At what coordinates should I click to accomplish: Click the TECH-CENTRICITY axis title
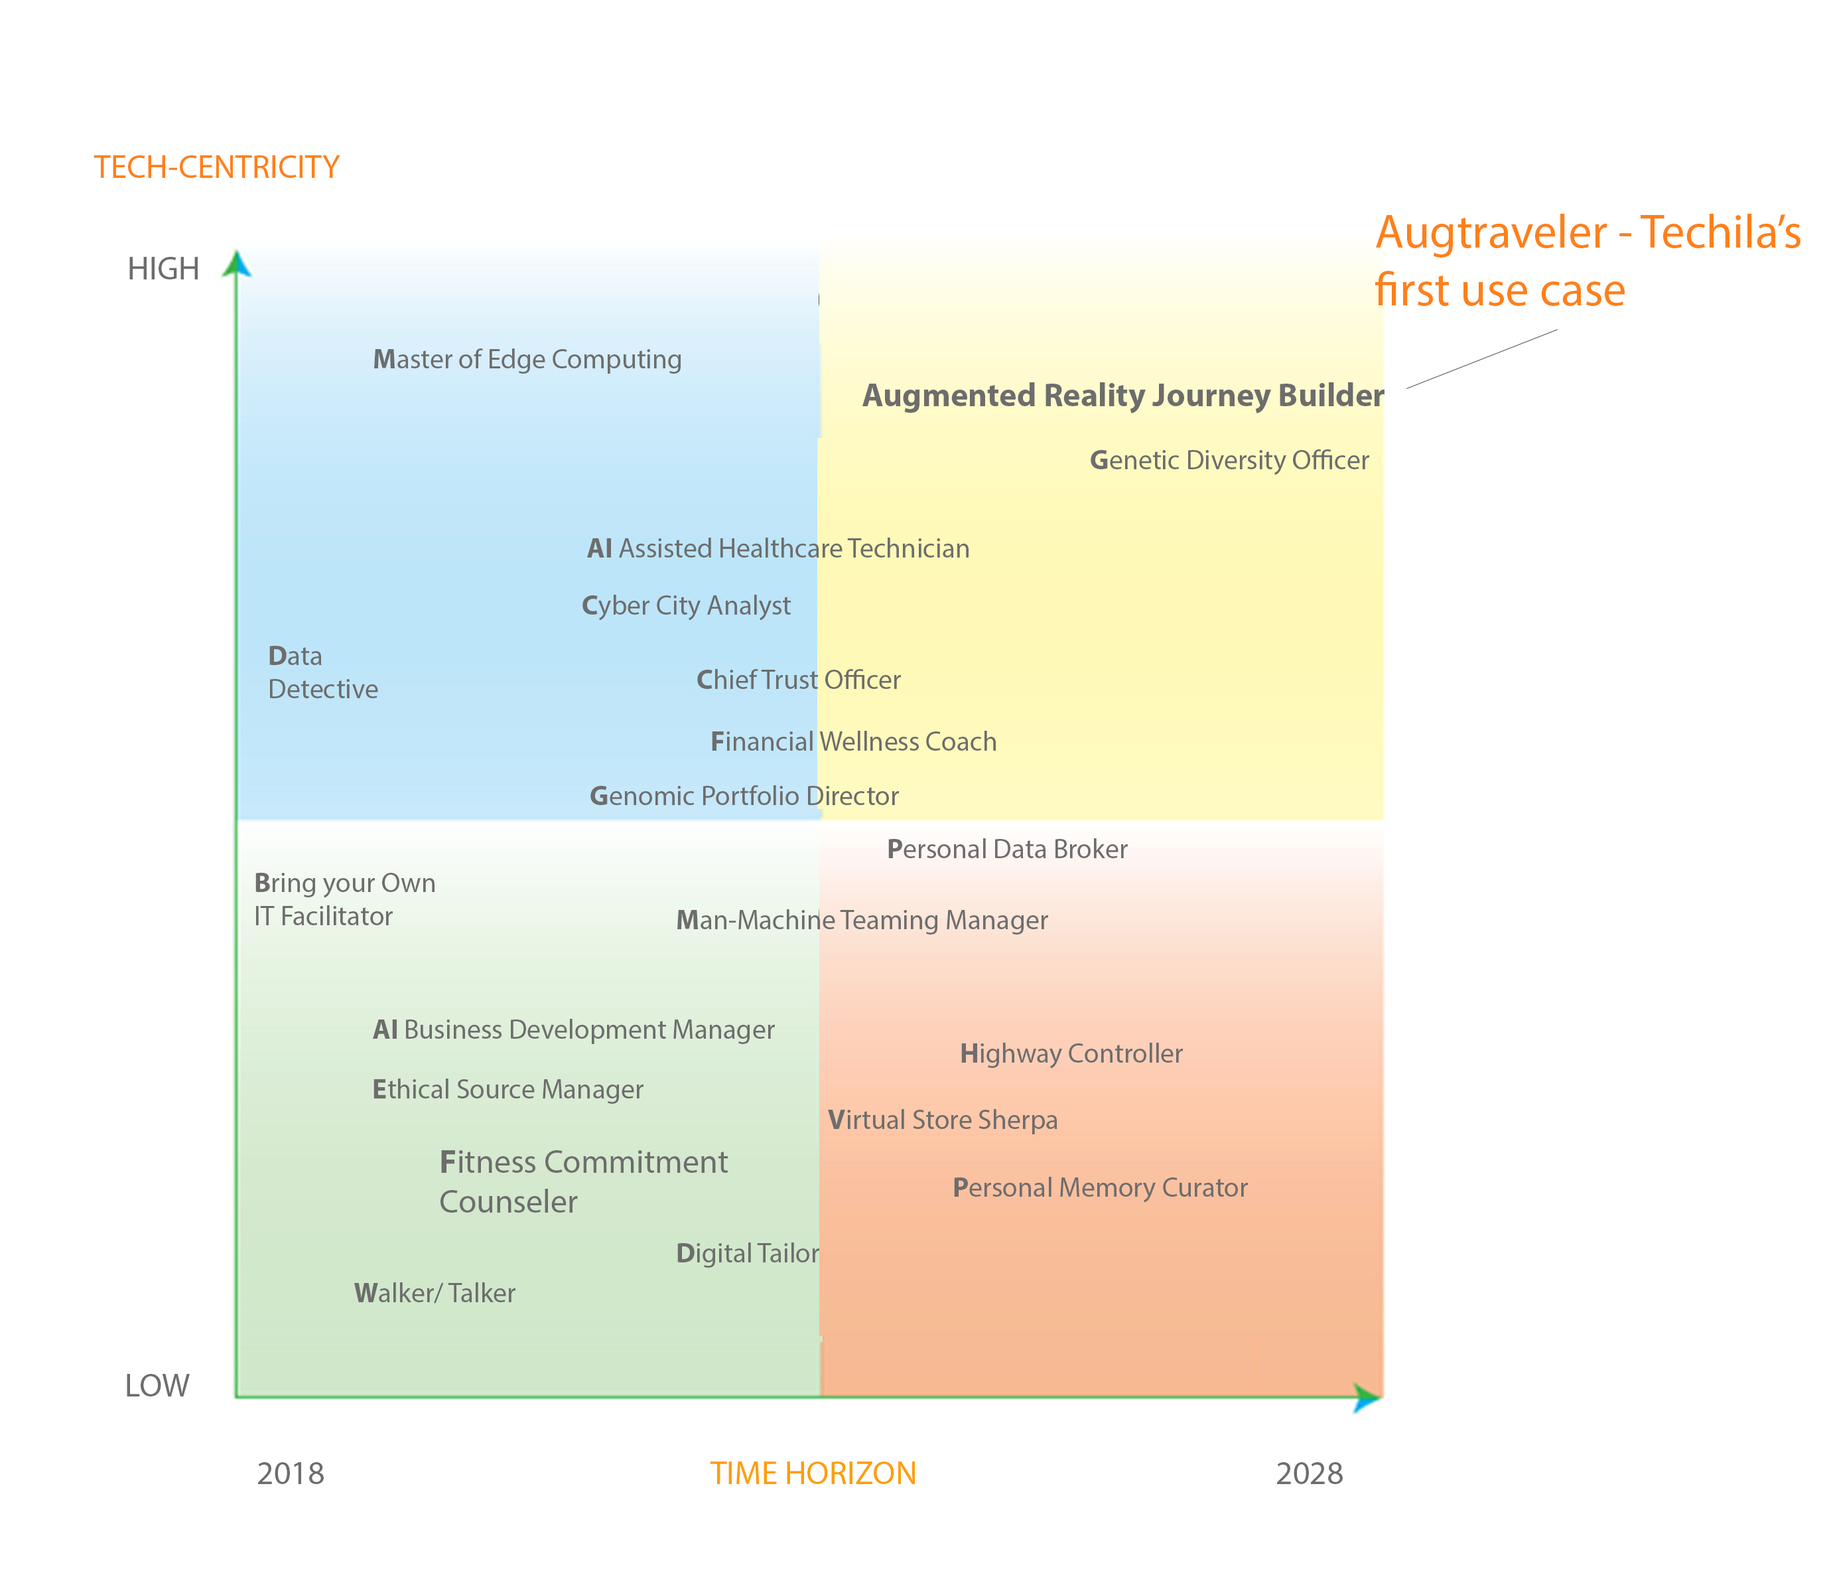[x=217, y=167]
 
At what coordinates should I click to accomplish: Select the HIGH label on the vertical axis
[x=163, y=269]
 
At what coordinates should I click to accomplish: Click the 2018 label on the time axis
[x=290, y=1473]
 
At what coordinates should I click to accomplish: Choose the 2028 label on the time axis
[x=1309, y=1473]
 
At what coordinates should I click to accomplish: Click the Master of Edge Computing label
[x=527, y=360]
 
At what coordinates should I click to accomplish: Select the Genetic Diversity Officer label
[x=1229, y=460]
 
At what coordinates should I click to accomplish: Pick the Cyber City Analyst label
[x=686, y=606]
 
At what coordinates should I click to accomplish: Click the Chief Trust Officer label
[x=798, y=680]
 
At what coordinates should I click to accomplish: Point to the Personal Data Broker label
[x=1007, y=850]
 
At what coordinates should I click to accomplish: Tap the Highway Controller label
[x=1071, y=1054]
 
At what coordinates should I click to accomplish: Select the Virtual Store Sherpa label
[x=943, y=1120]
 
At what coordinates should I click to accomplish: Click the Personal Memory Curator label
[x=1100, y=1188]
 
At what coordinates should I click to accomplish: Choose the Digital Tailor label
[x=747, y=1253]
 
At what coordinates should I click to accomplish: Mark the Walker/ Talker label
[x=435, y=1293]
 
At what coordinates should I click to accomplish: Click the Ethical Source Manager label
[x=507, y=1090]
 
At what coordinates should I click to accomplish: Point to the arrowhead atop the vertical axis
[x=236, y=263]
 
